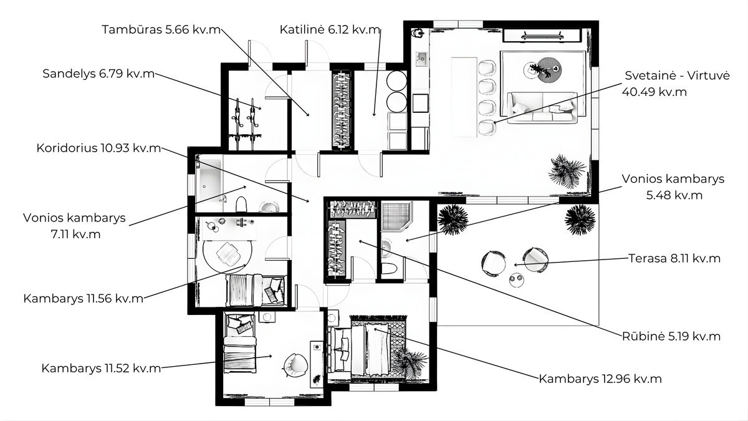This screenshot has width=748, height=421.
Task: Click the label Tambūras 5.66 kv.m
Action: click(161, 29)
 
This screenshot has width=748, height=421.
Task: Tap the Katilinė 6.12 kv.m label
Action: click(330, 29)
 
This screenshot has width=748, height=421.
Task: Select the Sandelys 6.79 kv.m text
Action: click(98, 74)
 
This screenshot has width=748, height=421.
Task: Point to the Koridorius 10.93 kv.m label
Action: click(98, 148)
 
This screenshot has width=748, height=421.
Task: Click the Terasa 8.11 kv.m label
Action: click(674, 258)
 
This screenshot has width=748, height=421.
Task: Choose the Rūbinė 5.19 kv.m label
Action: click(671, 336)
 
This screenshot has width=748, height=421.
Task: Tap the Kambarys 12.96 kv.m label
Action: click(600, 379)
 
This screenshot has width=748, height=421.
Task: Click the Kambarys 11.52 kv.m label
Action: click(101, 368)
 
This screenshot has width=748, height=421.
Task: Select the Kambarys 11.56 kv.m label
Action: click(83, 298)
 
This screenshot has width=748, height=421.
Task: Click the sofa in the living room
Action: click(542, 107)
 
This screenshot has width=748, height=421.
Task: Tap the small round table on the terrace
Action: click(516, 280)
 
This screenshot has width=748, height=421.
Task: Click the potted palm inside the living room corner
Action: click(567, 171)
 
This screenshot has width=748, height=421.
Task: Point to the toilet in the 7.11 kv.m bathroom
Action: click(241, 204)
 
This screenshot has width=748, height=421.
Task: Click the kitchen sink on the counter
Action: click(421, 59)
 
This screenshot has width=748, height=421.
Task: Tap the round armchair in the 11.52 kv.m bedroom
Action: click(295, 365)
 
